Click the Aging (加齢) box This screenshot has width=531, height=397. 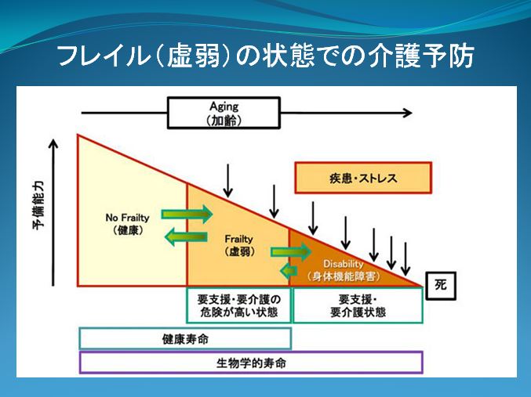tap(224, 113)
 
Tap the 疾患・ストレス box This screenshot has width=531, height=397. tap(363, 178)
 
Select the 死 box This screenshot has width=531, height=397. tap(441, 286)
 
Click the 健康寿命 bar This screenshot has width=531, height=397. tap(185, 338)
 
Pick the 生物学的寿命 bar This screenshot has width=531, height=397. tap(251, 363)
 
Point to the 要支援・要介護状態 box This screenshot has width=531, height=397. tap(358, 305)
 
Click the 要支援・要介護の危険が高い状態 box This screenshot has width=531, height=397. tap(238, 305)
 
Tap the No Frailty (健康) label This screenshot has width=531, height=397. tap(128, 224)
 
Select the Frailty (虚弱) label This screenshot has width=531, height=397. tap(238, 245)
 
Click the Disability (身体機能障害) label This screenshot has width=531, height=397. tap(344, 270)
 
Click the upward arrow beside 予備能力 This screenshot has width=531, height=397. tap(53, 213)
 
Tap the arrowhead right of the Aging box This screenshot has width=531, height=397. tap(407, 113)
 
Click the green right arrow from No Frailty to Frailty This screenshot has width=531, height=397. tap(187, 214)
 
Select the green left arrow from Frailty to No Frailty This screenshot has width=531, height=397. tap(186, 236)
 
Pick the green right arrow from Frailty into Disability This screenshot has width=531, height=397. tap(291, 252)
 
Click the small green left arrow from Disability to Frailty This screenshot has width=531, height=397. tap(289, 270)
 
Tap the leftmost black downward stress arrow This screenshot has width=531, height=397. tap(228, 181)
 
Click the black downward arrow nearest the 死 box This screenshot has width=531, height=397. tap(406, 258)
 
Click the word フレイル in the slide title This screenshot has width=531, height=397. tap(104, 56)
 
